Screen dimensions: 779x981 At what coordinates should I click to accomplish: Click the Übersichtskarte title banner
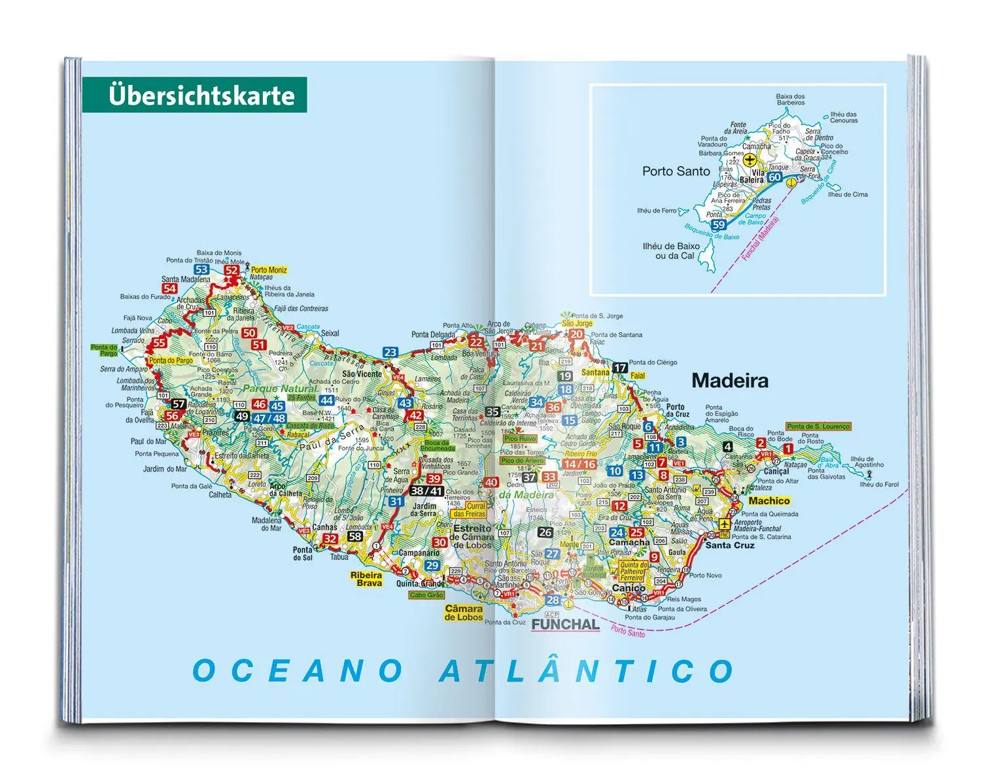(194, 95)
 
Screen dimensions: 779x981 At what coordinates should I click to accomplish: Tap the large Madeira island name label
(730, 381)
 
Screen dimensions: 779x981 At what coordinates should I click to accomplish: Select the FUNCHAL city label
(565, 624)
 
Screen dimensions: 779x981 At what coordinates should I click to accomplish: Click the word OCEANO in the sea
(298, 671)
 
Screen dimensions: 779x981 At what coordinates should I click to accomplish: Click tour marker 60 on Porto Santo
(775, 177)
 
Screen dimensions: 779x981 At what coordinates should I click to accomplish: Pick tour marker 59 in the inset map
(719, 224)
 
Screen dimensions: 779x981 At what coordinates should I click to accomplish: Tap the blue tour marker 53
(201, 269)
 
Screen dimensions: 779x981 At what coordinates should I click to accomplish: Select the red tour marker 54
(170, 288)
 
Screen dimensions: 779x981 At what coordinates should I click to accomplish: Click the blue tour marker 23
(390, 352)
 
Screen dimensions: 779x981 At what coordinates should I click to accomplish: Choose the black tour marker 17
(619, 368)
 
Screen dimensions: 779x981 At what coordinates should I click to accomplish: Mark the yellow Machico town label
(769, 500)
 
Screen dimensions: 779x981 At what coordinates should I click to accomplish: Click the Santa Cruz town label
(730, 545)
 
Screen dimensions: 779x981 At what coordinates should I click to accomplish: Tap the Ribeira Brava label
(366, 579)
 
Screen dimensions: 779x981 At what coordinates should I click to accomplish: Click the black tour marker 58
(354, 536)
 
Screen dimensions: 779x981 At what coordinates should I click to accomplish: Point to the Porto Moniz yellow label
(269, 269)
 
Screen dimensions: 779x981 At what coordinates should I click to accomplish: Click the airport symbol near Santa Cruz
(724, 524)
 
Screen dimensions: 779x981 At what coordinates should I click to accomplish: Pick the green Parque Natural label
(279, 389)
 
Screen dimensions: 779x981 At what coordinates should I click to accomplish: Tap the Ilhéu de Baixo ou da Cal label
(670, 251)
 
